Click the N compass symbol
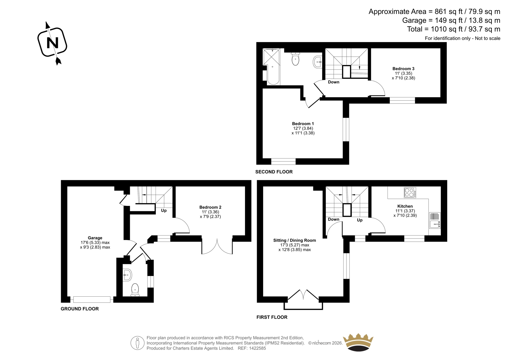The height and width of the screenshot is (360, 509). pos(52,43)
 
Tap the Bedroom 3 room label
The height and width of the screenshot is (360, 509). pos(403,68)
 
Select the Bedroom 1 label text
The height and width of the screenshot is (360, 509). pos(303,124)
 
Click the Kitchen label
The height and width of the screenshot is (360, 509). pos(405,206)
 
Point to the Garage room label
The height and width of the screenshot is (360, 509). pos(95,238)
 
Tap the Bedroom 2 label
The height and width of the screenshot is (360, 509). pos(210,207)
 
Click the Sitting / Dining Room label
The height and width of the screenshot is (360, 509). pos(295,240)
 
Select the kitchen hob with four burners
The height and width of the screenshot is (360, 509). pos(410,192)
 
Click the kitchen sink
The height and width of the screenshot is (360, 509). pos(435,220)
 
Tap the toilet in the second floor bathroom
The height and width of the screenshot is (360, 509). pos(295,59)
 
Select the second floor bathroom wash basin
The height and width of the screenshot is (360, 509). pos(317,62)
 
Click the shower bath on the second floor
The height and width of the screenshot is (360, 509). pos(271,67)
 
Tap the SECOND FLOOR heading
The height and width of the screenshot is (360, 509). pos(274,172)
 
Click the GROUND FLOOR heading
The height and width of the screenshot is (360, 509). pos(80,309)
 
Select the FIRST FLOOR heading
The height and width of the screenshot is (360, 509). pos(272,317)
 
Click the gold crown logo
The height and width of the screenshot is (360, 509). pos(358,342)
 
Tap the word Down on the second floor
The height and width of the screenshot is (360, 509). pos(334,82)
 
